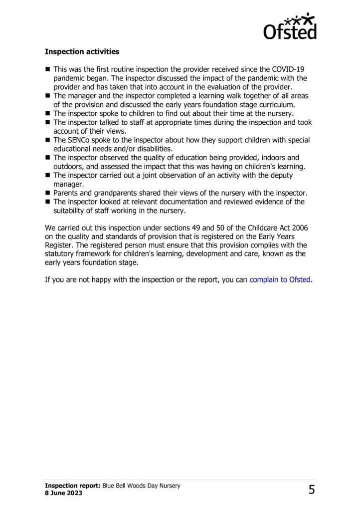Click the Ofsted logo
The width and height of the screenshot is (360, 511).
click(x=290, y=26)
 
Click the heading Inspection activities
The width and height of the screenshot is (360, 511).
click(x=82, y=51)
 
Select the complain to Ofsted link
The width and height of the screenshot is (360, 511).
click(x=280, y=279)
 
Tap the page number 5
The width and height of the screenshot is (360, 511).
click(x=312, y=490)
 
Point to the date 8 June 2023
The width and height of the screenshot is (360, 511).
click(x=63, y=494)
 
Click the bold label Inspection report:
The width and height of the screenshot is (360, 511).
click(x=73, y=486)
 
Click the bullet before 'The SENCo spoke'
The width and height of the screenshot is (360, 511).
click(x=48, y=141)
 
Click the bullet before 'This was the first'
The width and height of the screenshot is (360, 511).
click(x=48, y=69)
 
